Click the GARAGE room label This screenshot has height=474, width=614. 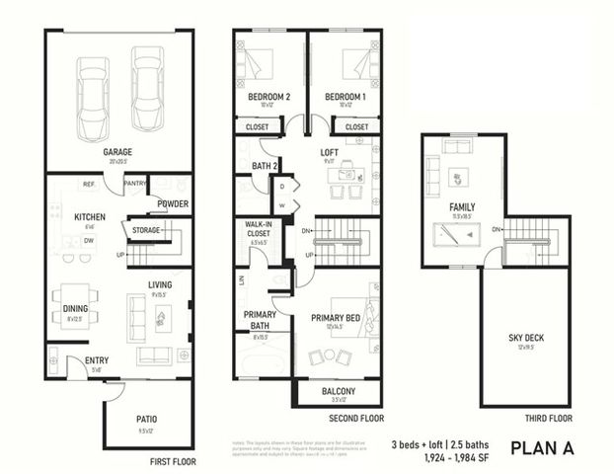pyautogui.click(x=118, y=152)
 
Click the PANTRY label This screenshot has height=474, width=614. pyautogui.click(x=135, y=183)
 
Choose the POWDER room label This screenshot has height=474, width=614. pyautogui.click(x=173, y=204)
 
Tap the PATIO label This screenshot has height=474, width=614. pyautogui.click(x=147, y=419)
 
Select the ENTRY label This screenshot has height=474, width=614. pyautogui.click(x=97, y=360)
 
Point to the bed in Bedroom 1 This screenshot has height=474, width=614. pyautogui.click(x=353, y=66)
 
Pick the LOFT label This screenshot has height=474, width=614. pyautogui.click(x=329, y=152)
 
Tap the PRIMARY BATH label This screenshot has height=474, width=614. pyautogui.click(x=260, y=320)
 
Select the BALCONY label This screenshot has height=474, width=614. pyautogui.click(x=338, y=391)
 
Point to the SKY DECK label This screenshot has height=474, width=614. pyautogui.click(x=524, y=337)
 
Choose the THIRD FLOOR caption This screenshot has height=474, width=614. pyautogui.click(x=549, y=418)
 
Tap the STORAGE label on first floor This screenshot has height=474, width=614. pyautogui.click(x=145, y=229)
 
